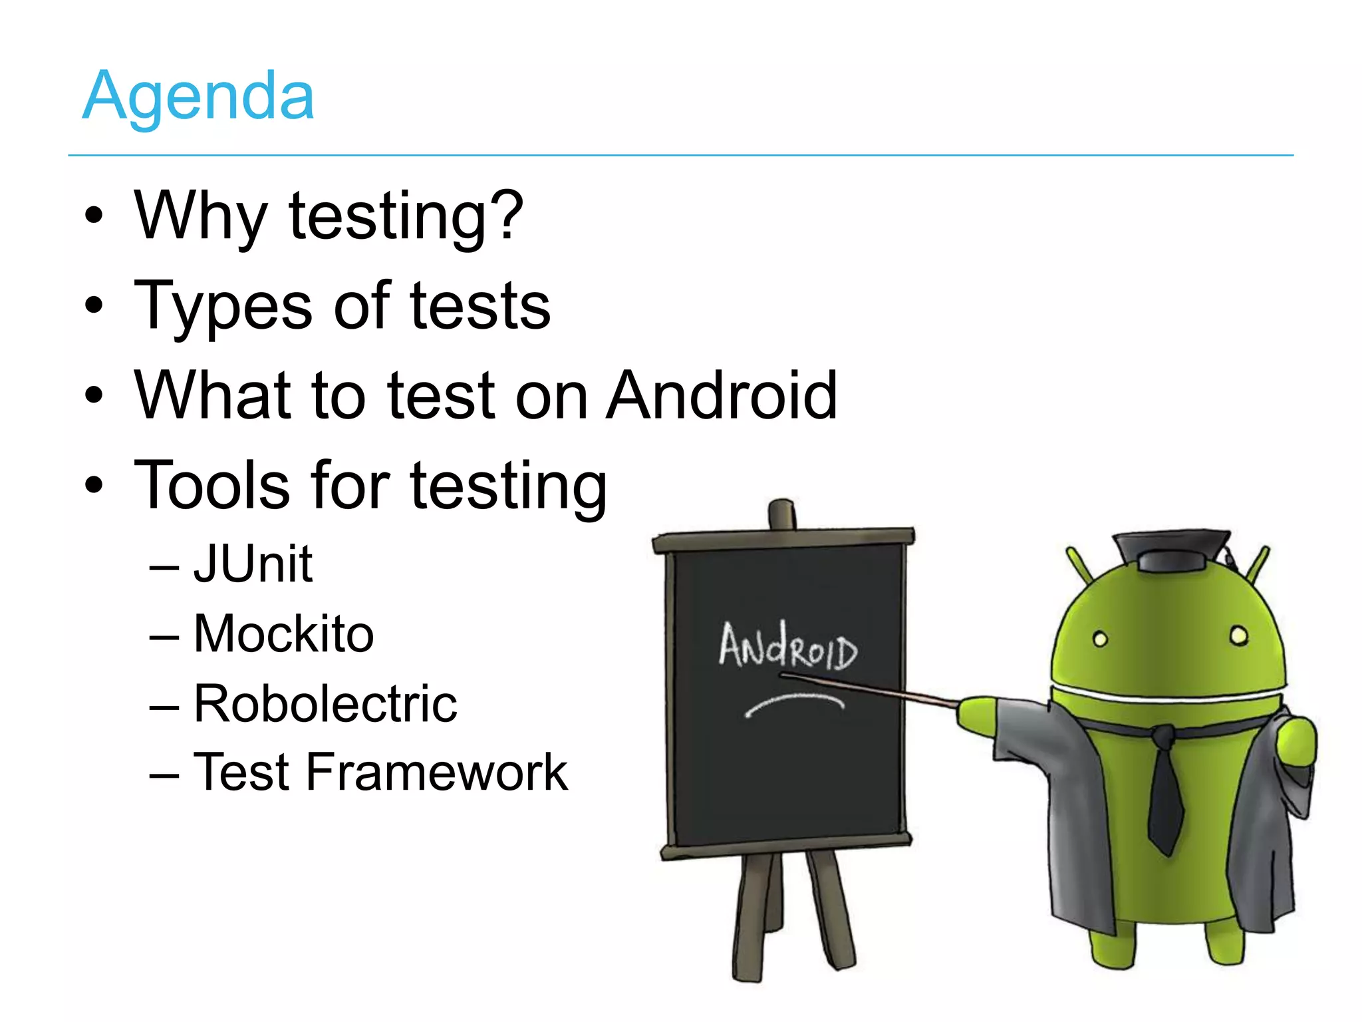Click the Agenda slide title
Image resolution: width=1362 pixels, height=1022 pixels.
198,96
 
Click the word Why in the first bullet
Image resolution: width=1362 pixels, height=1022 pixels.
200,216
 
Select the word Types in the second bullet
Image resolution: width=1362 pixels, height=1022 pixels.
222,307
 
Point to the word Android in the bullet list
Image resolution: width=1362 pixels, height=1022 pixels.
722,396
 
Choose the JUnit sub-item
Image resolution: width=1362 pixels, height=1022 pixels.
253,564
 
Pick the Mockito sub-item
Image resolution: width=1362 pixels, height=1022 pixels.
284,633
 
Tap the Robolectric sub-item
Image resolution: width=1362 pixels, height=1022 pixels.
325,703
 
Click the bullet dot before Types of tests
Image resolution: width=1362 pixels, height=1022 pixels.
94,305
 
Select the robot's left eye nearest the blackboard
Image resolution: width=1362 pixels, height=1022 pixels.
1101,639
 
